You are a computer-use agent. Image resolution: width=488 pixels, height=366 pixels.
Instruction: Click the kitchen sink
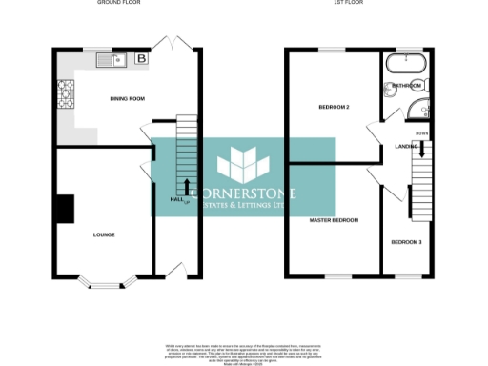pos(112,61)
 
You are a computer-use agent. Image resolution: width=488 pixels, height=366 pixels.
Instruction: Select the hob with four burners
pos(67,93)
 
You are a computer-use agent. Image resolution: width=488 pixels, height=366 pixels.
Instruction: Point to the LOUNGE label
pos(104,234)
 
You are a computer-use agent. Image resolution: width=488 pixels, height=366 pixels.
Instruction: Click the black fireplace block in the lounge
pos(64,209)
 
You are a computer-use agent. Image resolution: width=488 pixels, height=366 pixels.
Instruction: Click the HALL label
pos(175,200)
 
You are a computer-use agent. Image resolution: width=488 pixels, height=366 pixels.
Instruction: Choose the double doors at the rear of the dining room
pos(173,44)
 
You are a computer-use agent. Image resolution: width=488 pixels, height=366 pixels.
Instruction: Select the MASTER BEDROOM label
pos(334,220)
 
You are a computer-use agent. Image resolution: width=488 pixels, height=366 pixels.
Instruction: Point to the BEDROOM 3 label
pos(406,242)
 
